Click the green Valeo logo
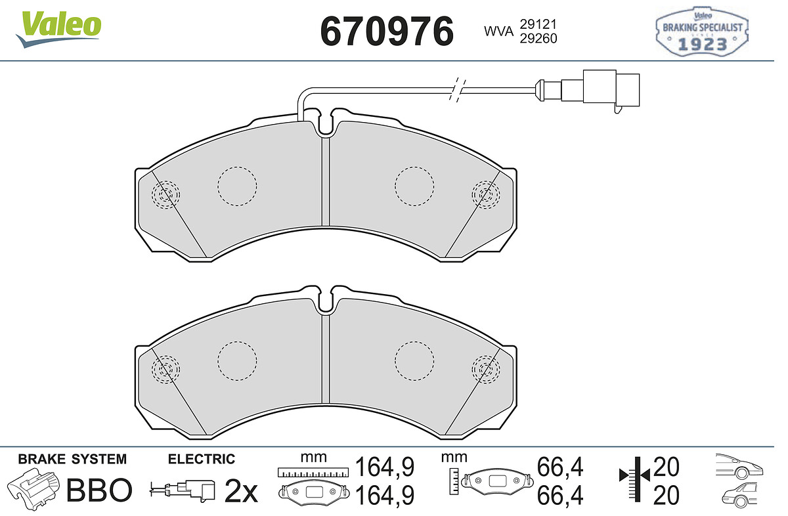click(x=58, y=29)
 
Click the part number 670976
click(x=387, y=32)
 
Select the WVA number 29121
click(x=538, y=24)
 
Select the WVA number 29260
click(x=538, y=38)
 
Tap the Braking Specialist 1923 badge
click(x=702, y=32)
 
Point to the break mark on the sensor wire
click(x=457, y=90)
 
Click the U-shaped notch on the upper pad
click(x=326, y=123)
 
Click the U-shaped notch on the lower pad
click(x=326, y=300)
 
